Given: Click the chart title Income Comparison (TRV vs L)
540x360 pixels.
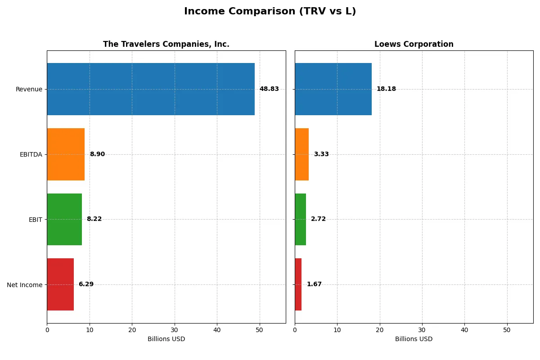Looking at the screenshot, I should (270, 12).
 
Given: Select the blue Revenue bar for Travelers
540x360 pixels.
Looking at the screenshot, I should (151, 89).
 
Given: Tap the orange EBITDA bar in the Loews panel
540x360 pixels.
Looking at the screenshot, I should (301, 154).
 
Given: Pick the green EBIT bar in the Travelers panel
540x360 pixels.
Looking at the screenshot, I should (64, 220).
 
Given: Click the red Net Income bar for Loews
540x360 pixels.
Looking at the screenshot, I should (298, 284).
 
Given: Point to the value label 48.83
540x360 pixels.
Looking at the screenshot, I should (269, 89).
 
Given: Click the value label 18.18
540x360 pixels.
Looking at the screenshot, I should (386, 89).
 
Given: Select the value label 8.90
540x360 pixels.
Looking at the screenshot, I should (97, 154).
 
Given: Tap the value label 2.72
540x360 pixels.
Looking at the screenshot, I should (318, 219).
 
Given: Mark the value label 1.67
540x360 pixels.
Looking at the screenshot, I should (314, 284).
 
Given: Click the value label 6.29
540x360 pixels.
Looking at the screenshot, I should (86, 284).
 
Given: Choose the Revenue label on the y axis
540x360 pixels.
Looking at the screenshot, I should (29, 89).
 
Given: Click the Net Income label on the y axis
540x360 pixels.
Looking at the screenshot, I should (25, 285).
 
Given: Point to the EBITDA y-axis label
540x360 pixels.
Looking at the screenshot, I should (31, 154).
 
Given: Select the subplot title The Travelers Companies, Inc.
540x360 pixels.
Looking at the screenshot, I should (166, 44).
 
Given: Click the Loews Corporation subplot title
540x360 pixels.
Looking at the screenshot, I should (414, 44).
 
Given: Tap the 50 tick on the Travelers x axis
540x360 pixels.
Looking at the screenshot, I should (259, 330).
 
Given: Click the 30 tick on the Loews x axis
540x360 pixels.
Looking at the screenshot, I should (422, 330).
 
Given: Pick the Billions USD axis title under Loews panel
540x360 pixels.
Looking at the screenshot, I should (414, 339).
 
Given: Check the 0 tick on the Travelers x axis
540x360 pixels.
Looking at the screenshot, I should (47, 330).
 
